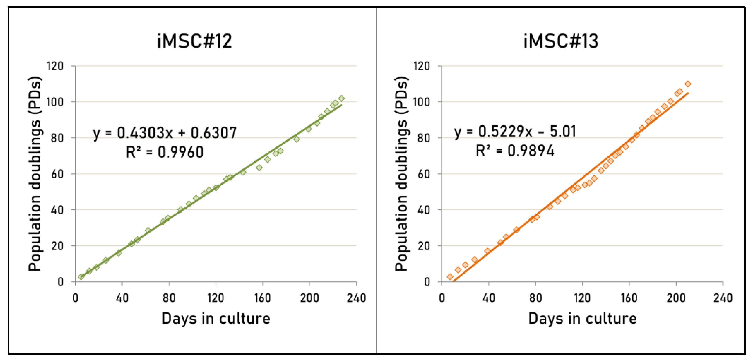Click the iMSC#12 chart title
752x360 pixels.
tap(195, 41)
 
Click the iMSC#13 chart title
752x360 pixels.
tap(561, 41)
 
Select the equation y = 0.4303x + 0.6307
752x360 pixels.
tap(165, 133)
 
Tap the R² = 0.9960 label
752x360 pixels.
tap(165, 152)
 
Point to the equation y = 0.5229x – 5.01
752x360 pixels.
tap(515, 131)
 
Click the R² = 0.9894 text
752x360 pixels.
tap(515, 151)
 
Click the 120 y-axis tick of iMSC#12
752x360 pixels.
tap(55, 67)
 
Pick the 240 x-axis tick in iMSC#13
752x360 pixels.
tap(723, 298)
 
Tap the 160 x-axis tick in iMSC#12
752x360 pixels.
tap(262, 298)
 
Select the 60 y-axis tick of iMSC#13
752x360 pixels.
tap(424, 174)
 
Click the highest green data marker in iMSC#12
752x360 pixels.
tap(341, 99)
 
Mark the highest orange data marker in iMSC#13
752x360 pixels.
tap(688, 84)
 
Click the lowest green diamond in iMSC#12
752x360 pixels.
tap(81, 277)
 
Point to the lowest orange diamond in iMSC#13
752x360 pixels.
tap(450, 277)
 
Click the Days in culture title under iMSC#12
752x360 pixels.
tap(216, 319)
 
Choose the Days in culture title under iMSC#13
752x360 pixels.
tap(582, 319)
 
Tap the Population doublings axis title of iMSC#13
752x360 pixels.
tap(402, 174)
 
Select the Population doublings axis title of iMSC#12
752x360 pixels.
tap(35, 174)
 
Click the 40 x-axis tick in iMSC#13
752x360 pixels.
tap(489, 298)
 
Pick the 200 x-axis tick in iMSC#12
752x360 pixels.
tap(309, 298)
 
